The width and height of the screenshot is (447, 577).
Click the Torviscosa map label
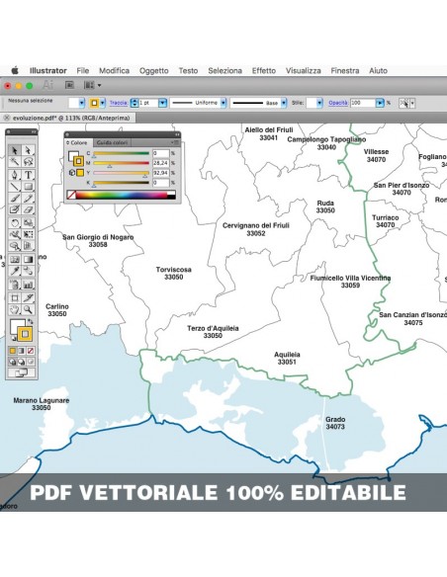coord(173,273)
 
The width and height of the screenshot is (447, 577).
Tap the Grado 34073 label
coord(335,423)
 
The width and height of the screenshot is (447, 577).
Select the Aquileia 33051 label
coord(287,358)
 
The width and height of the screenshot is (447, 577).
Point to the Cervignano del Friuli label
coord(256,229)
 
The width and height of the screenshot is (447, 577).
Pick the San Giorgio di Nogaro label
coord(98,240)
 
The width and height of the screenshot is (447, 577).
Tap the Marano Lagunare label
coord(41,403)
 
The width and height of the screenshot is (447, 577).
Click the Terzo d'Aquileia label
coord(213,331)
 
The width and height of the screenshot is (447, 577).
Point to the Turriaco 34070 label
coord(385,220)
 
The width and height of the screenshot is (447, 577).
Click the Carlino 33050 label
coord(57,310)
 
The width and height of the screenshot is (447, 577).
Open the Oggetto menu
coord(153,71)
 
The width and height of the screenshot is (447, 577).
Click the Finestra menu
coord(345,71)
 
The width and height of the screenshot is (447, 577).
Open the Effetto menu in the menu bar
coord(263,71)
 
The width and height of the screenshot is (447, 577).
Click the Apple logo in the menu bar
coord(15,71)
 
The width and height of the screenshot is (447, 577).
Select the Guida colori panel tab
coord(112,142)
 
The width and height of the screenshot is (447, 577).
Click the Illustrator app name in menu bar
coord(48,71)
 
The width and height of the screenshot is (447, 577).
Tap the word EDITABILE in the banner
coord(345,492)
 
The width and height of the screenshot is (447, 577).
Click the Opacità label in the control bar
coord(338,102)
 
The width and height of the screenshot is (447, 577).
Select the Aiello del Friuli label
coord(268,133)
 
